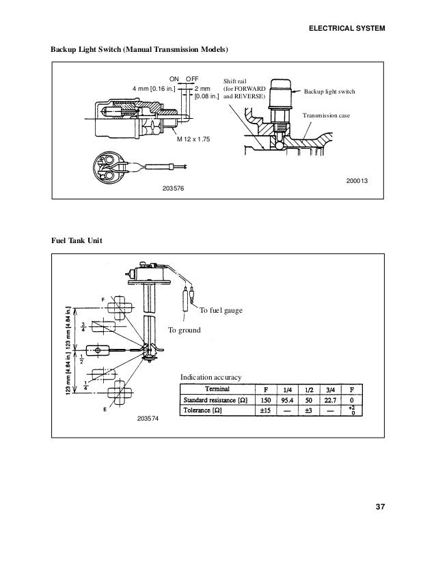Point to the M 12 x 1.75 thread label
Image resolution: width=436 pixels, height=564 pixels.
coord(193,139)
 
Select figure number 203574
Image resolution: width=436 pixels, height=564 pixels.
coord(147,417)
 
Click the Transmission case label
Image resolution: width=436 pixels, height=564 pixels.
coord(325,116)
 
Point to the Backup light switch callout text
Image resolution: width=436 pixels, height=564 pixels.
coord(330,91)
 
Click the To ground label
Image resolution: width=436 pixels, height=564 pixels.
coord(185,330)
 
